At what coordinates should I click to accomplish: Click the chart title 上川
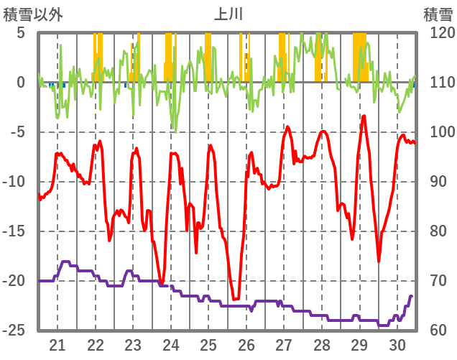[228, 14]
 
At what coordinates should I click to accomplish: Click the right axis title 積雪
[438, 14]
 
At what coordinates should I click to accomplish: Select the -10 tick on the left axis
[15, 182]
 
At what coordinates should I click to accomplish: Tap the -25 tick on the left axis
[15, 331]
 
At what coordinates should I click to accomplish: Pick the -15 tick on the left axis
[15, 231]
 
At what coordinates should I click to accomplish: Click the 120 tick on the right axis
[437, 33]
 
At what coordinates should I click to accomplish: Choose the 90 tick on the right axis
[433, 182]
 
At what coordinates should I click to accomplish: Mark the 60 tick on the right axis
[433, 331]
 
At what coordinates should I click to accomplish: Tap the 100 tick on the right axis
[437, 132]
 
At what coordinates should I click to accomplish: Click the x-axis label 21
[57, 344]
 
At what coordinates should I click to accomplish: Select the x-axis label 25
[208, 344]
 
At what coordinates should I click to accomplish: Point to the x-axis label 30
[397, 344]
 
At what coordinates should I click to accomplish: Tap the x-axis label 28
[322, 344]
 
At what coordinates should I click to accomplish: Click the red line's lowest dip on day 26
[234, 299]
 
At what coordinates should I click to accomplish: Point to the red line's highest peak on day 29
[364, 116]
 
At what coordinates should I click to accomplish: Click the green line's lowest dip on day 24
[174, 131]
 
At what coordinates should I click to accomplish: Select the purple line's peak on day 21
[65, 262]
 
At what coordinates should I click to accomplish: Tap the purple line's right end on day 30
[412, 296]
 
